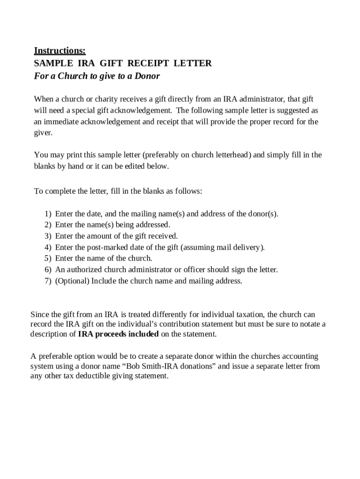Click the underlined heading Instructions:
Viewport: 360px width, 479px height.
[60, 51]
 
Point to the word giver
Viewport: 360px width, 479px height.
[43, 132]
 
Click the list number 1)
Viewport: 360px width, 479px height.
[48, 214]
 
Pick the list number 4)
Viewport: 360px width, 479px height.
[48, 247]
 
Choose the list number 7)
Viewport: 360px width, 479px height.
[48, 281]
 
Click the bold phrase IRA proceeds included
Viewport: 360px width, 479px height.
[118, 334]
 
